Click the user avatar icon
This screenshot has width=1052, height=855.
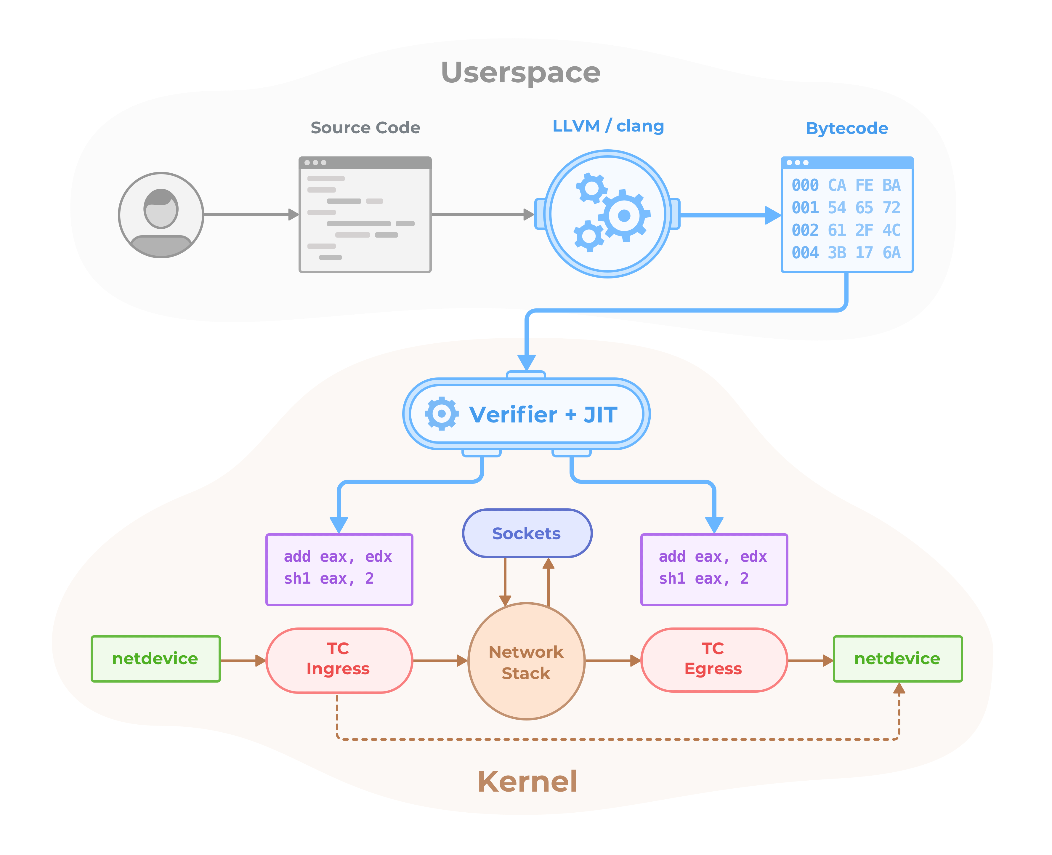tap(161, 215)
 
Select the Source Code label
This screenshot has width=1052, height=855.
tap(365, 128)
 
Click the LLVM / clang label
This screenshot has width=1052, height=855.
tap(608, 126)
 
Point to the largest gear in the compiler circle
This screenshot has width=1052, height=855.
tap(624, 215)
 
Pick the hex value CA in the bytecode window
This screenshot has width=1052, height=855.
tap(837, 185)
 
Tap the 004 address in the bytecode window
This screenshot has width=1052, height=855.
tap(805, 253)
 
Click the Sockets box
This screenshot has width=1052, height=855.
tap(527, 533)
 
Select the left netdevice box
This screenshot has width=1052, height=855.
tap(155, 659)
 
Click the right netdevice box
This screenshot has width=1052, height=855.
tap(897, 659)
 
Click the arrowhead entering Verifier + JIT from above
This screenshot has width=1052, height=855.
tap(527, 362)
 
